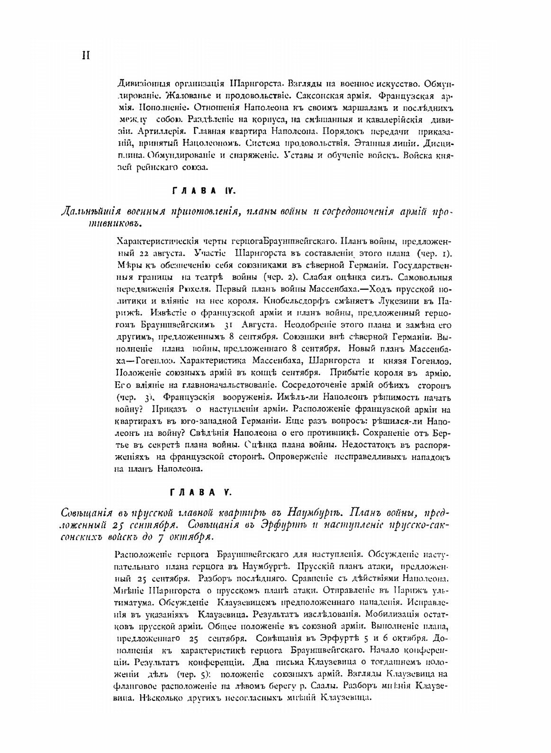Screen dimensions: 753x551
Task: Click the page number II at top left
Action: tap(85, 55)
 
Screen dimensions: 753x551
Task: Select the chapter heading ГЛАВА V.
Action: tap(201, 492)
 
